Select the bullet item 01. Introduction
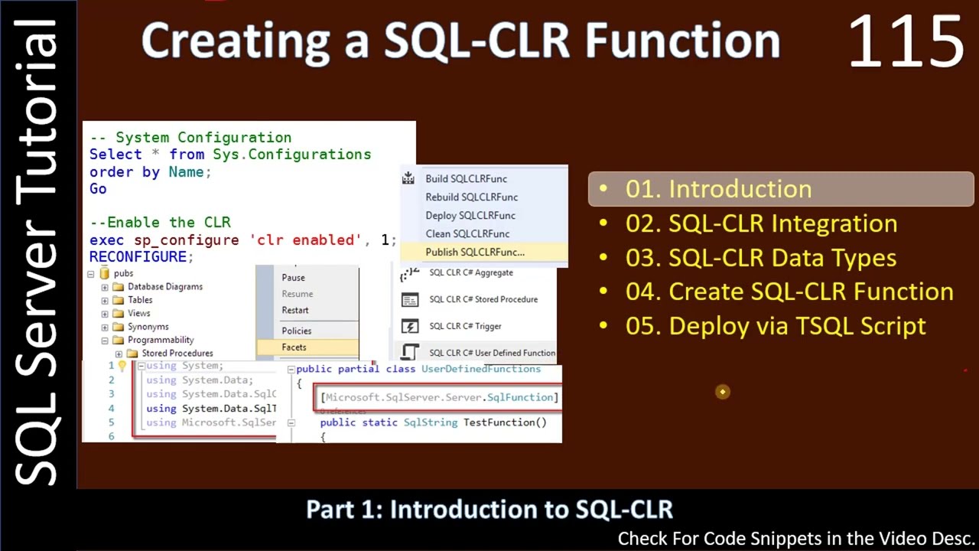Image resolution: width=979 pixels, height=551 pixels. coord(717,189)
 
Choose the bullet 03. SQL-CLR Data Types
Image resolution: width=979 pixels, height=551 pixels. coord(760,258)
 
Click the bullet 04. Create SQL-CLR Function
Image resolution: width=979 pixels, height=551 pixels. coord(789,292)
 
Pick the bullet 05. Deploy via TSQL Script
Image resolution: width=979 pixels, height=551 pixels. coord(775,326)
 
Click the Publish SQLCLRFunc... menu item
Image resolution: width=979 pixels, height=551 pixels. coord(474,252)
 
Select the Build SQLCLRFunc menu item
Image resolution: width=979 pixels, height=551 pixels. coord(466,178)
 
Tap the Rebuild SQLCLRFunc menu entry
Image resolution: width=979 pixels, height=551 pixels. coord(471,197)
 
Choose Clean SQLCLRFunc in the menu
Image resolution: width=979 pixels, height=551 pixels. coord(467,233)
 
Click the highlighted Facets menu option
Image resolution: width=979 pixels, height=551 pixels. coord(294,347)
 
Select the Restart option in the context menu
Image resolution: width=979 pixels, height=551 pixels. coord(294,310)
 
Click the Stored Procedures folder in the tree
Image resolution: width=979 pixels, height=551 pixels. coord(177,353)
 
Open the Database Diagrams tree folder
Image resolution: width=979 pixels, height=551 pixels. coord(164,286)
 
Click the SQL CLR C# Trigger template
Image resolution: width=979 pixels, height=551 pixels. coord(464,326)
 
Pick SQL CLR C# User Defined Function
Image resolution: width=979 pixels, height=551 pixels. coord(491,353)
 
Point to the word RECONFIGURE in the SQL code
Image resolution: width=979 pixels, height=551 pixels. coord(138,257)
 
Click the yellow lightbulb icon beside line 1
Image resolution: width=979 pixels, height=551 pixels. coord(122,366)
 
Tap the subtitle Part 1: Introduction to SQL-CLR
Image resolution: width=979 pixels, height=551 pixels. coord(489,510)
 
